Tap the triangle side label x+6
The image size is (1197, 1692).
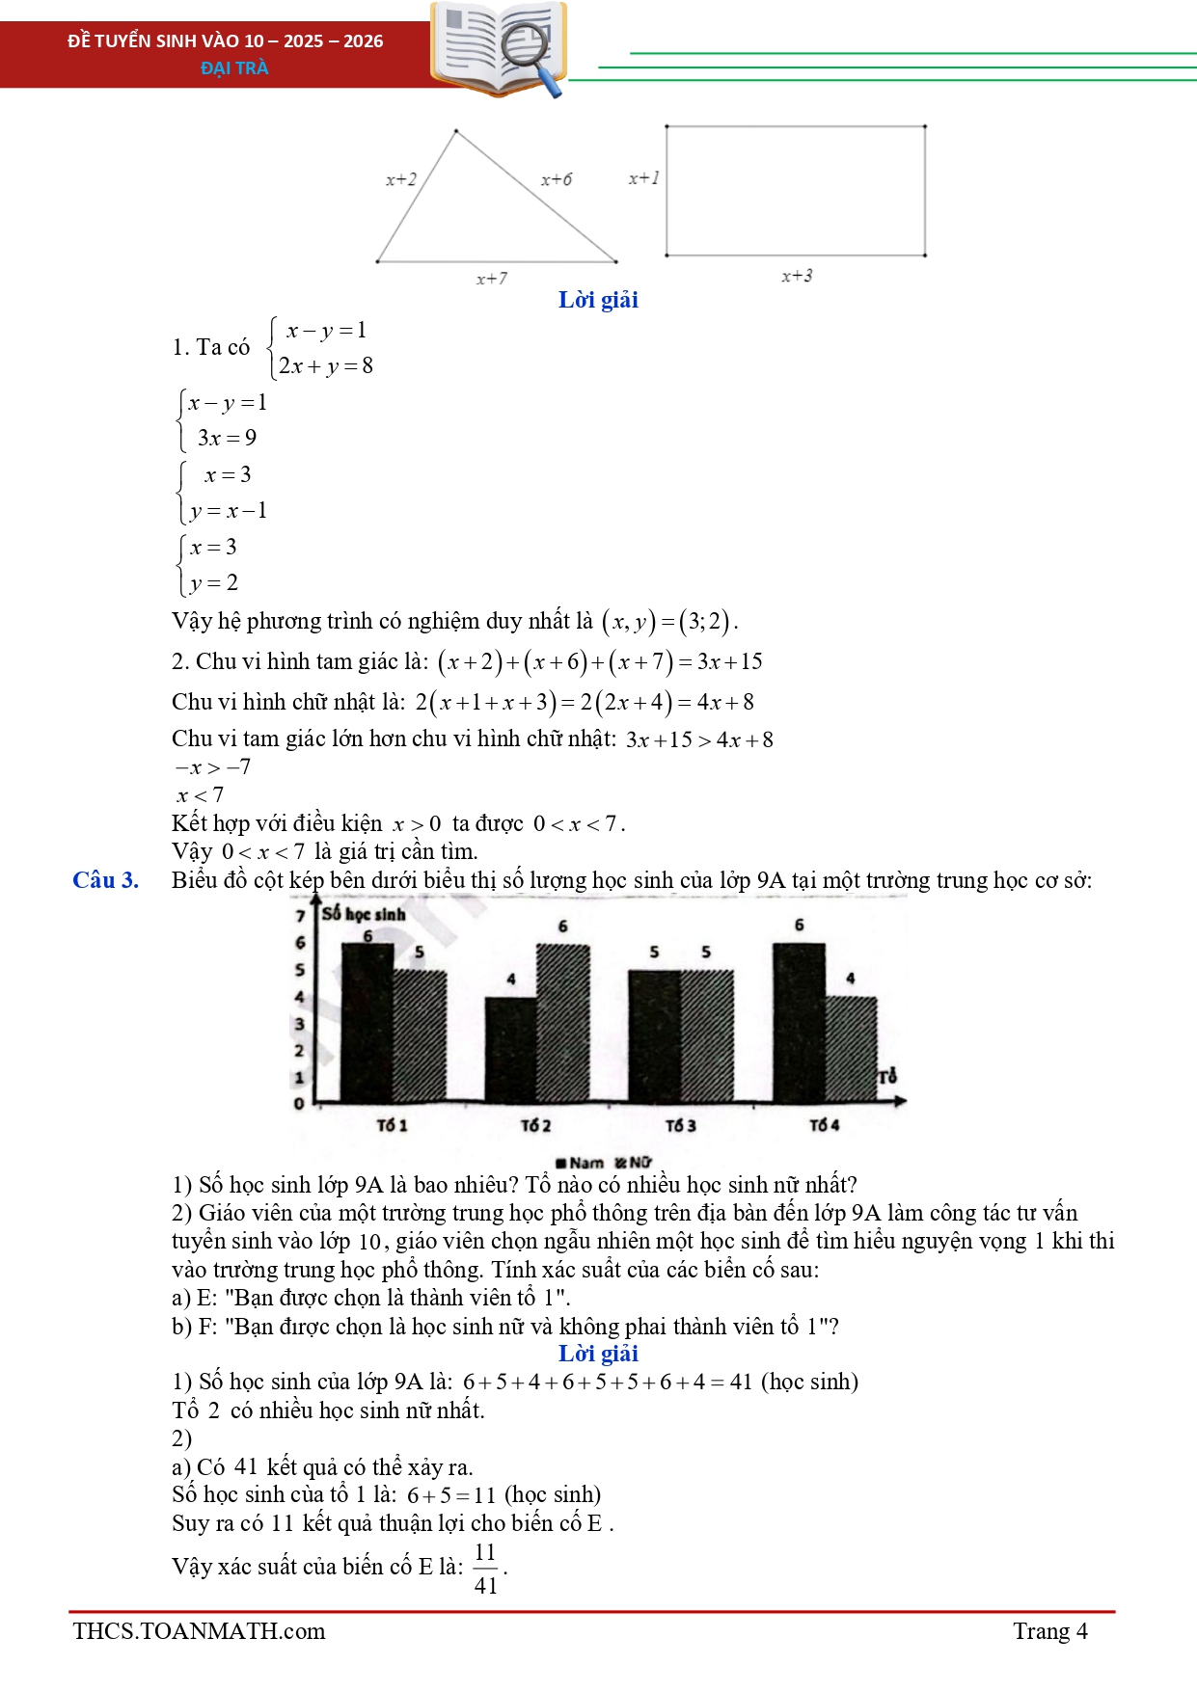point(556,179)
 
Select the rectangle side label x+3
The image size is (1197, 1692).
point(797,276)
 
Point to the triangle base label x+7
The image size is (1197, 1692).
point(491,279)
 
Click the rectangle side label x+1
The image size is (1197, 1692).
point(643,177)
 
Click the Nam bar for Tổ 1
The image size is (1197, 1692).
point(367,1022)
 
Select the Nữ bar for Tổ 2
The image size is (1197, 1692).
point(562,1022)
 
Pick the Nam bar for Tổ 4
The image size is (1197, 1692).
point(799,1022)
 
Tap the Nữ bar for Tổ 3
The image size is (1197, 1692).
point(707,1036)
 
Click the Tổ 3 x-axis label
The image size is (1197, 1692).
point(680,1125)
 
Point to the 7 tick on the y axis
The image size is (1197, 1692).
point(300,915)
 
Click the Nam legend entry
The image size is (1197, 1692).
point(580,1163)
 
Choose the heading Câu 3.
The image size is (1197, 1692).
point(105,879)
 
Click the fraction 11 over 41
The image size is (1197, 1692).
point(485,1569)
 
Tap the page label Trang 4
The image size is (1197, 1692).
point(1049,1630)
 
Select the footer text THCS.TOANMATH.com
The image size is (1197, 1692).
point(199,1630)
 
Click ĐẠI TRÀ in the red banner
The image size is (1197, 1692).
point(234,67)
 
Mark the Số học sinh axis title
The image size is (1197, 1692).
point(364,913)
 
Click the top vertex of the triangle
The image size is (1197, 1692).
point(455,131)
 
